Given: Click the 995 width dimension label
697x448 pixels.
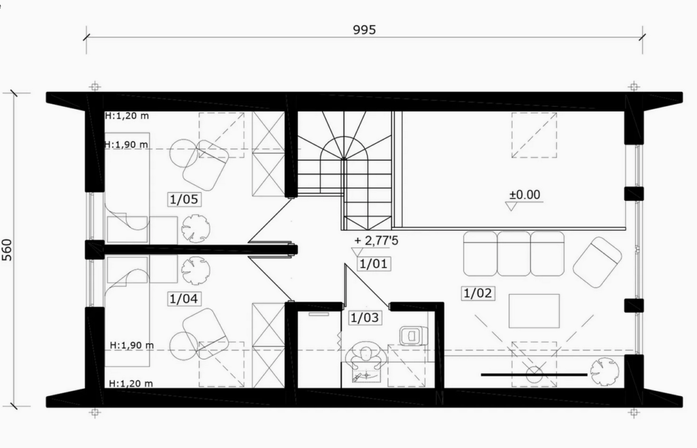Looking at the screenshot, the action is tap(364, 30).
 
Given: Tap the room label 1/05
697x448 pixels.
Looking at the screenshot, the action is tap(184, 199).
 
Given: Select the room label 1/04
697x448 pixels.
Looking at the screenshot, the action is tap(184, 299).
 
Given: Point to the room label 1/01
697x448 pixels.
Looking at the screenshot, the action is tap(374, 264).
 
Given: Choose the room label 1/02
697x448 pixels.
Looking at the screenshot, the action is tap(478, 293).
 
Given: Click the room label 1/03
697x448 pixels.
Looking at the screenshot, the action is tap(365, 318).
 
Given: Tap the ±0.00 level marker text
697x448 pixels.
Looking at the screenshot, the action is tap(525, 195).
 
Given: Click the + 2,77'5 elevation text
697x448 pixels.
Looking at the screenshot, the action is tap(376, 241).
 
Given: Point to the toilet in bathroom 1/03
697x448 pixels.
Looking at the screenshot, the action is tap(413, 335).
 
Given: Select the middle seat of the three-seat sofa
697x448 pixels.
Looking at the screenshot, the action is tap(514, 253).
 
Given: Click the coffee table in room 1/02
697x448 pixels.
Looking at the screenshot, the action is tap(534, 310).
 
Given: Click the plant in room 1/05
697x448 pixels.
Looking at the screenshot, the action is tap(195, 229).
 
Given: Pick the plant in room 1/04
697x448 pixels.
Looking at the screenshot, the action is tap(195, 270).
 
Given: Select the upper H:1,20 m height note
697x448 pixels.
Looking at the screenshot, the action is tap(127, 116).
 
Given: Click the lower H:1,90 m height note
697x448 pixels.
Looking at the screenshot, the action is tap(132, 345).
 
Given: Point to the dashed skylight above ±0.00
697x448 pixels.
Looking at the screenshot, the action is tap(534, 135).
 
